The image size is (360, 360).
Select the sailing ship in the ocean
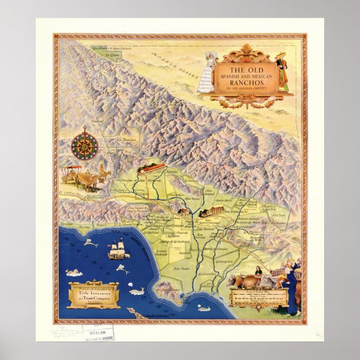point(117,250)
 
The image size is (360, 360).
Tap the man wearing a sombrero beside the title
point(282,70)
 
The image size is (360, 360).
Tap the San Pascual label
point(192,199)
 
